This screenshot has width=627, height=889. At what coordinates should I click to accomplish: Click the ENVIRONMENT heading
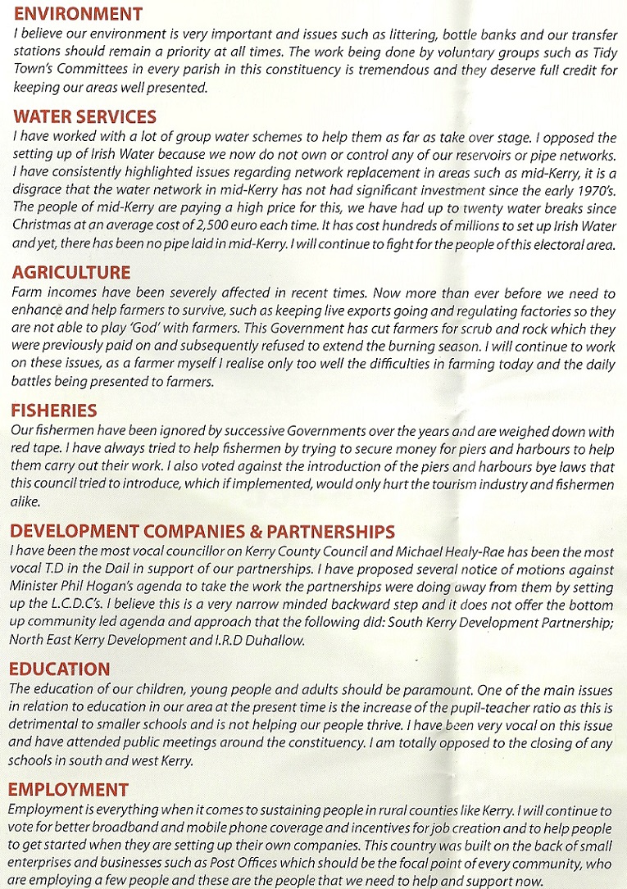tap(78, 14)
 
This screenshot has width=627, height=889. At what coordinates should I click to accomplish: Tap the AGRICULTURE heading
tap(72, 274)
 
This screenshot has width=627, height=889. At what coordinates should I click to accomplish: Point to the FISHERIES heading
tap(54, 410)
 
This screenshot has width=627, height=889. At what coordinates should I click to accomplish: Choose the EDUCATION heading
tap(61, 669)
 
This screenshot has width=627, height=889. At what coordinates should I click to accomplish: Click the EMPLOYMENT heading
tap(69, 790)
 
